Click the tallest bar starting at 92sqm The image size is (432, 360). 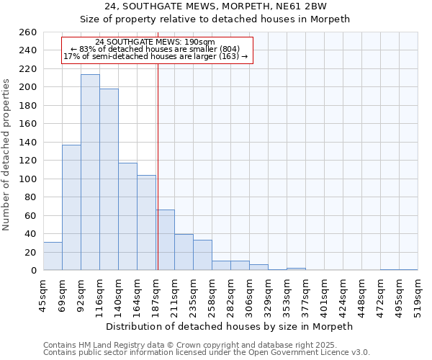coord(90,173)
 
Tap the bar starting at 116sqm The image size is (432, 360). coord(109,180)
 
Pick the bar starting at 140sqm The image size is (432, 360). coord(127,216)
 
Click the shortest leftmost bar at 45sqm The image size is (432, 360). coord(53,256)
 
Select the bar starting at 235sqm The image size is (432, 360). coord(202,256)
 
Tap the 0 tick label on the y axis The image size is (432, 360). coord(33,271)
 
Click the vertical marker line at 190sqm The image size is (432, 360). coord(158,144)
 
